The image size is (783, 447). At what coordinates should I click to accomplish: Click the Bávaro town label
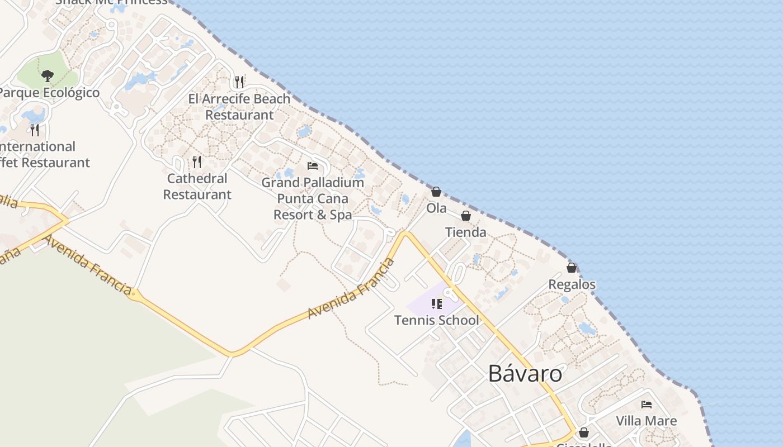(x=525, y=373)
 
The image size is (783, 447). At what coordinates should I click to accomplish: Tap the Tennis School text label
(x=436, y=320)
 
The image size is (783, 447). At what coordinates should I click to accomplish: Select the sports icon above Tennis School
(x=436, y=304)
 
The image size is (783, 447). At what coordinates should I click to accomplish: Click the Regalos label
(x=572, y=284)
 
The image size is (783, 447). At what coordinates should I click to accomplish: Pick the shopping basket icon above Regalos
(x=572, y=268)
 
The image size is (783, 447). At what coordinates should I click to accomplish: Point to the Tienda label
(x=465, y=232)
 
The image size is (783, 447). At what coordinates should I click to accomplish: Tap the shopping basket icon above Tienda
(x=465, y=216)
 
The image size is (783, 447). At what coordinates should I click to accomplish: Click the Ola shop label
(x=436, y=208)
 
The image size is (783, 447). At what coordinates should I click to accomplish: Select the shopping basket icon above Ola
(x=436, y=192)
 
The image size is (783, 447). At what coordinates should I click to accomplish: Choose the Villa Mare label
(x=646, y=421)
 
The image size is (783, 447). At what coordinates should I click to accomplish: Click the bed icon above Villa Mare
(x=647, y=405)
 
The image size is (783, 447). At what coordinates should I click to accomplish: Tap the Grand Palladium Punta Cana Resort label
(x=313, y=198)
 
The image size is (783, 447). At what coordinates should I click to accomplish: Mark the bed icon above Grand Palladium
(x=313, y=166)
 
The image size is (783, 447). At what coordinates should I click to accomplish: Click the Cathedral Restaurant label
(x=197, y=186)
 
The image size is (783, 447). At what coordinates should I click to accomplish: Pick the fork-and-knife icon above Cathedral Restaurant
(x=197, y=162)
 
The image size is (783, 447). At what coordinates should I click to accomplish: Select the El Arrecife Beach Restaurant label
(x=239, y=107)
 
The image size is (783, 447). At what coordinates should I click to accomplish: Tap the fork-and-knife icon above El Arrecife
(x=239, y=82)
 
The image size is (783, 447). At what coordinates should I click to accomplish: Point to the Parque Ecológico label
(x=49, y=93)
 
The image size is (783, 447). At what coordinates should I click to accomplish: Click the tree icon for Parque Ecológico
(x=48, y=75)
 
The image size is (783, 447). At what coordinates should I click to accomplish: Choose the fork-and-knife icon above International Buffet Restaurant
(x=35, y=130)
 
